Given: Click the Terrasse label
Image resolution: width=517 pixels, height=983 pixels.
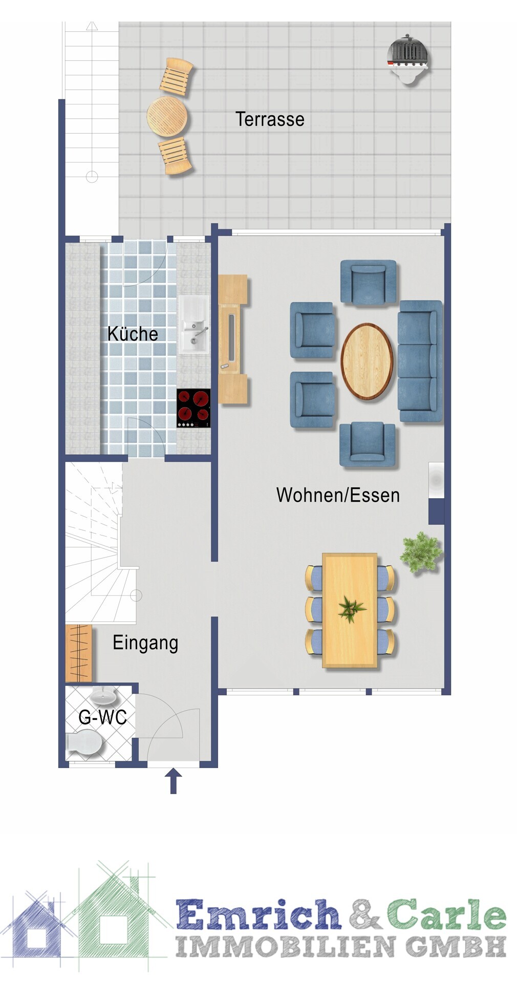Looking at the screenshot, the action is pyautogui.click(x=270, y=119).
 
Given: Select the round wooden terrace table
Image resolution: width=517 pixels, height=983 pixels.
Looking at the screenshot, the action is pyautogui.click(x=167, y=116).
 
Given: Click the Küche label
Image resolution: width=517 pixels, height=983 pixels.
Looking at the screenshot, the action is pyautogui.click(x=133, y=334).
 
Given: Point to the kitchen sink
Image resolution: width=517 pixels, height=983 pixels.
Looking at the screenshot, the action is pyautogui.click(x=193, y=325).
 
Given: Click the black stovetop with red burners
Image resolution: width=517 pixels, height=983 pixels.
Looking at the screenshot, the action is pyautogui.click(x=193, y=408).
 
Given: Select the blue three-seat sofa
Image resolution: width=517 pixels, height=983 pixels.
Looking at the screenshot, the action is pyautogui.click(x=420, y=361).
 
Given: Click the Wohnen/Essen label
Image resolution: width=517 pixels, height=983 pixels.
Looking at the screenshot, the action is pyautogui.click(x=338, y=495).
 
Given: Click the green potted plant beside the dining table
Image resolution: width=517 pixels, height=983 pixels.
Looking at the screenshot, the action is pyautogui.click(x=421, y=552).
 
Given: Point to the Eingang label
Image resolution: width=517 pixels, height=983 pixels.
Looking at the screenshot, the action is pyautogui.click(x=145, y=644).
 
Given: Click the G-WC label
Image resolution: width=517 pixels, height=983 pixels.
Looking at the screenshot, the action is pyautogui.click(x=102, y=717).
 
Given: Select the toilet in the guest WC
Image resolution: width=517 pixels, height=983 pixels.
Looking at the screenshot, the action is pyautogui.click(x=84, y=744).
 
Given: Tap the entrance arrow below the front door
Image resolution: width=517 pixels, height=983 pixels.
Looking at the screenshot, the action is pyautogui.click(x=174, y=781).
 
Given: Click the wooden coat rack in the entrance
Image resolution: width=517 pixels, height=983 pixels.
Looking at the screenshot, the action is pyautogui.click(x=79, y=653).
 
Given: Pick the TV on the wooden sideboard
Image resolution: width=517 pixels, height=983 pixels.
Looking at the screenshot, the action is pyautogui.click(x=231, y=338).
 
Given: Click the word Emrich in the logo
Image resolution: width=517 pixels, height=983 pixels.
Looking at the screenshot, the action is pyautogui.click(x=258, y=915).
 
